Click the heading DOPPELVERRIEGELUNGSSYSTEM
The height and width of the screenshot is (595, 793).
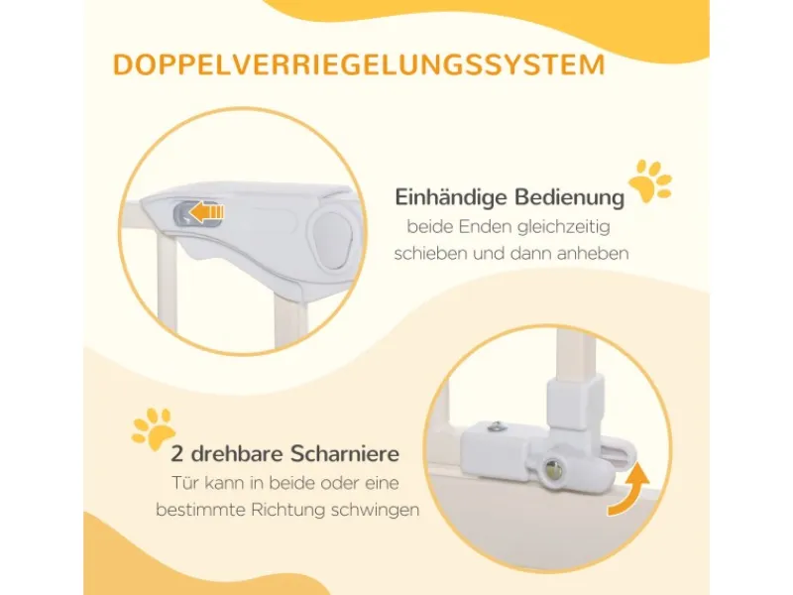pyautogui.click(x=359, y=64)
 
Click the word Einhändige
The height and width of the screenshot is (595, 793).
pyautogui.click(x=451, y=197)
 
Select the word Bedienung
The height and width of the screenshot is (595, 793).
pyautogui.click(x=569, y=197)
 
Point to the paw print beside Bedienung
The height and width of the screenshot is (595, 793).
pyautogui.click(x=650, y=181)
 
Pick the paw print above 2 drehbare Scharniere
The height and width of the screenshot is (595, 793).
pyautogui.click(x=154, y=429)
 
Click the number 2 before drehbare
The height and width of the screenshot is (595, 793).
pyautogui.click(x=176, y=454)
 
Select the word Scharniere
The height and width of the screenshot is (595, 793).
pyautogui.click(x=345, y=454)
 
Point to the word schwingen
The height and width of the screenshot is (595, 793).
pyautogui.click(x=376, y=510)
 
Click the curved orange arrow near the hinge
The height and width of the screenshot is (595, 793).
pyautogui.click(x=629, y=489)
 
